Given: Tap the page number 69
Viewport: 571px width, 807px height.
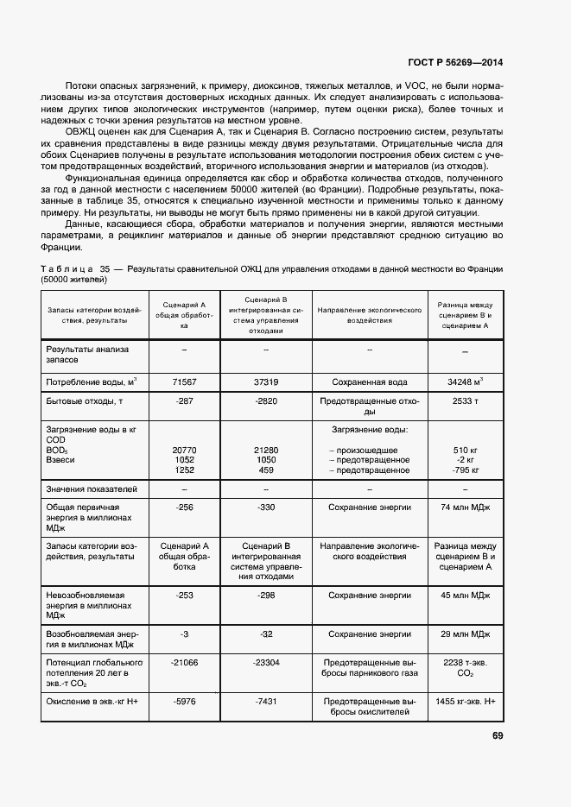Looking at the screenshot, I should click(x=498, y=735).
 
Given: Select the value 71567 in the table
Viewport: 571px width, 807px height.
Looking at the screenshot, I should click(x=184, y=381).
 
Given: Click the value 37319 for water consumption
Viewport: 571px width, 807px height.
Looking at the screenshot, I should click(x=265, y=381).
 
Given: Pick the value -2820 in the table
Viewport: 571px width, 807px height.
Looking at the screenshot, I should click(x=265, y=401).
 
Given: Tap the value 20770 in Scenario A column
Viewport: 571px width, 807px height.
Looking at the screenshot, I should click(x=184, y=450).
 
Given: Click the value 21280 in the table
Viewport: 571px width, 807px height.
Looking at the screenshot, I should click(x=265, y=450).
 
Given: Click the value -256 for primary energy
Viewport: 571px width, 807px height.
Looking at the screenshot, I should click(x=184, y=508).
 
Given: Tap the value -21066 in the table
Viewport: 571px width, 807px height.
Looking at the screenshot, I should click(x=184, y=662).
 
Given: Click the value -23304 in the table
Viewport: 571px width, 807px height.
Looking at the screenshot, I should click(x=265, y=662).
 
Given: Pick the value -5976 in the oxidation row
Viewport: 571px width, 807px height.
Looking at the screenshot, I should click(x=184, y=702).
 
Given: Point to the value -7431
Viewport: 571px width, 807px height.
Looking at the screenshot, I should click(x=265, y=702).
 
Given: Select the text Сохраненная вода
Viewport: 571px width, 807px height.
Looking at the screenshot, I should click(x=369, y=381).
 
